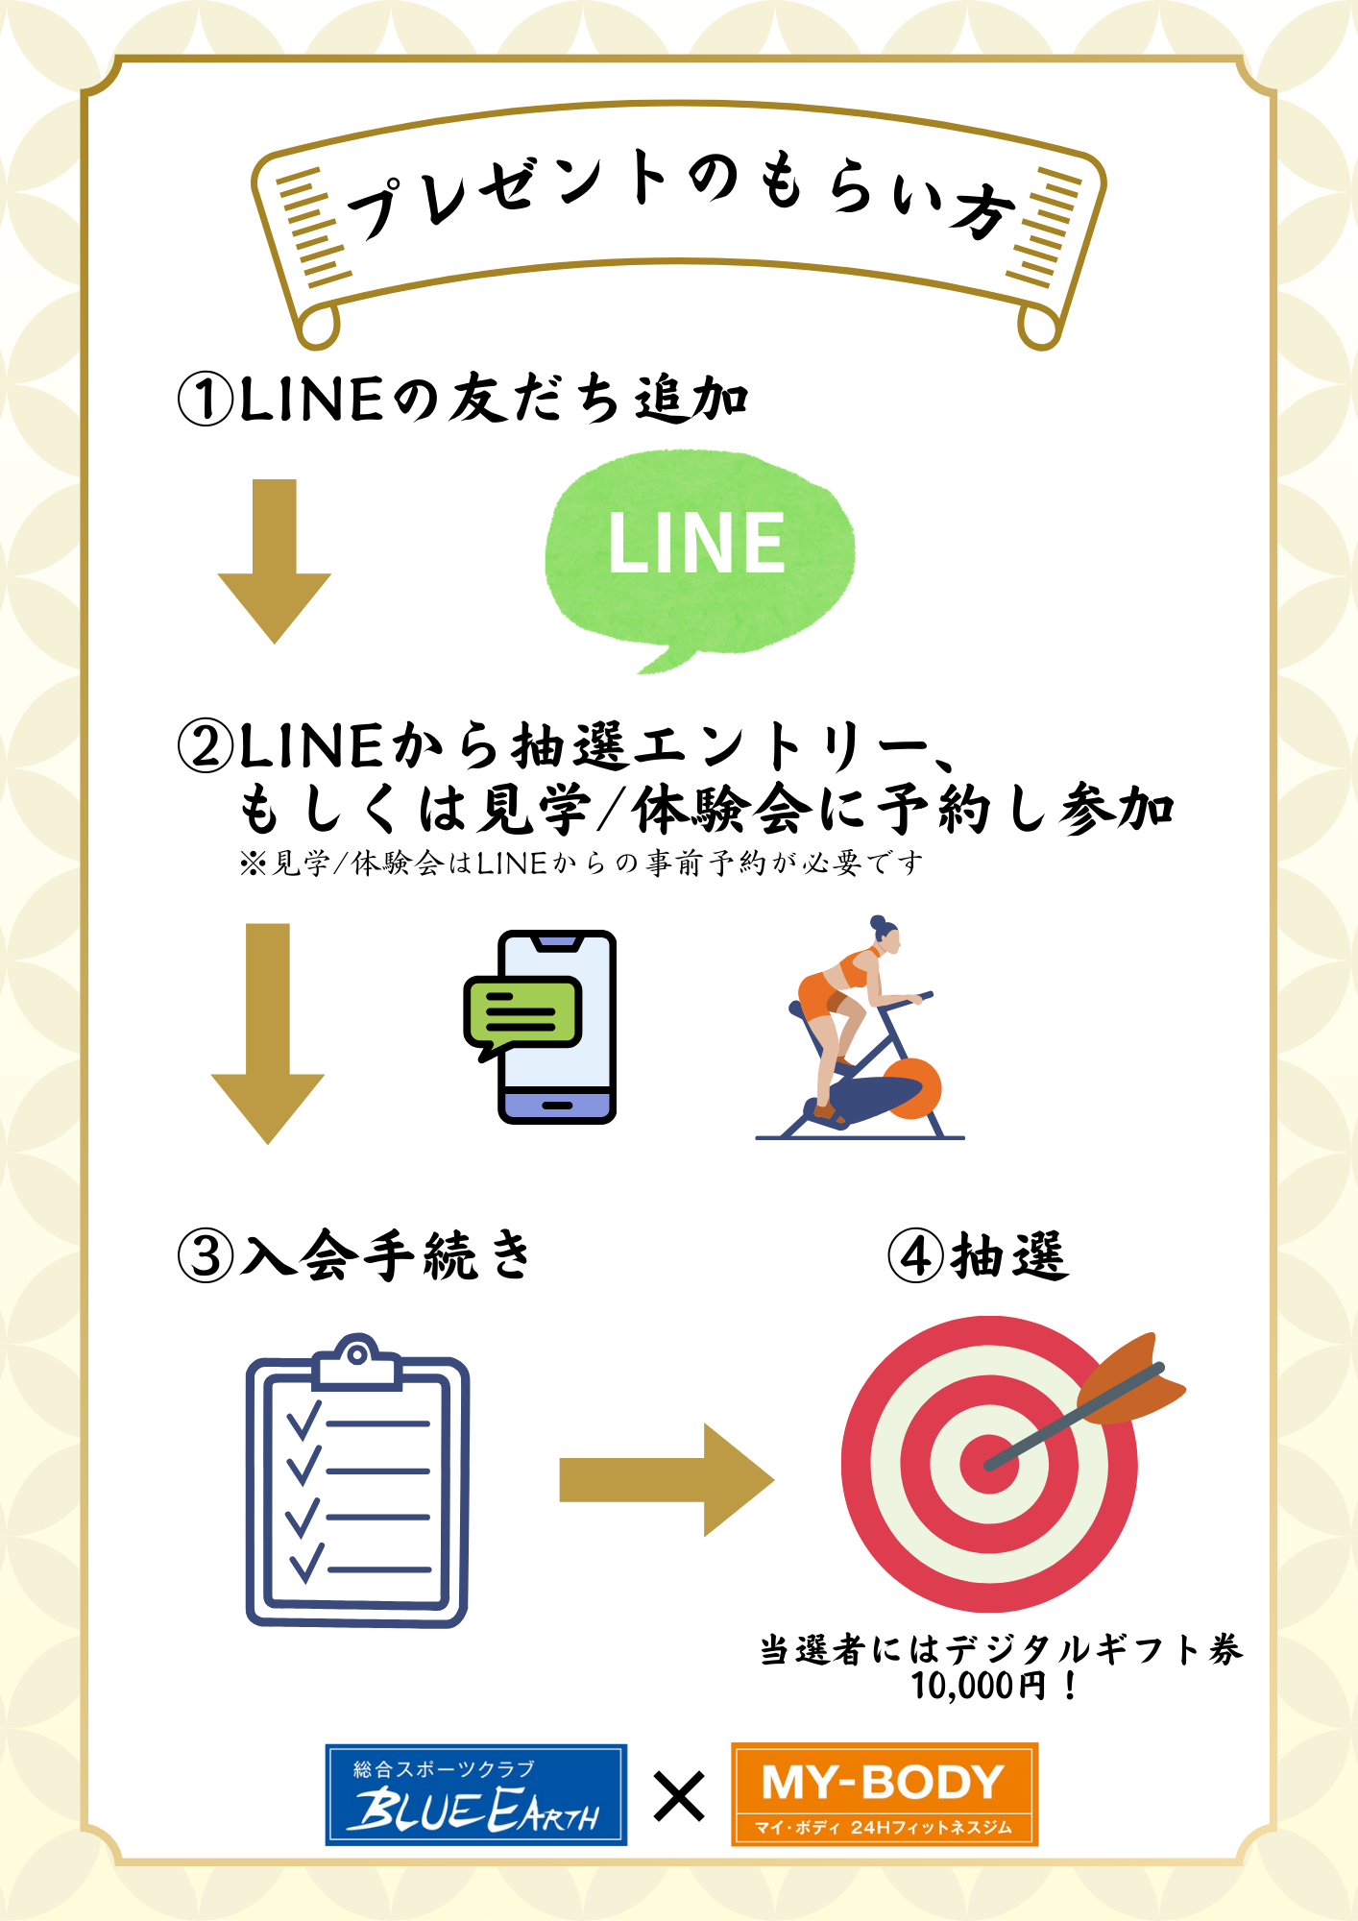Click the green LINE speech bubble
click(698, 552)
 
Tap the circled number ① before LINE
click(206, 400)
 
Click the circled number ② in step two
click(206, 746)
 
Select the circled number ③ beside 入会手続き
click(206, 1255)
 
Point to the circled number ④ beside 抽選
click(915, 1255)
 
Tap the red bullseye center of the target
click(988, 1464)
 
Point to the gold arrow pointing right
click(667, 1479)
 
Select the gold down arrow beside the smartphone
click(268, 1033)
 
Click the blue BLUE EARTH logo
click(475, 1794)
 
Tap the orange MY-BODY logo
click(885, 1794)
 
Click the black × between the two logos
click(679, 1796)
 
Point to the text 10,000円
click(979, 1686)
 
